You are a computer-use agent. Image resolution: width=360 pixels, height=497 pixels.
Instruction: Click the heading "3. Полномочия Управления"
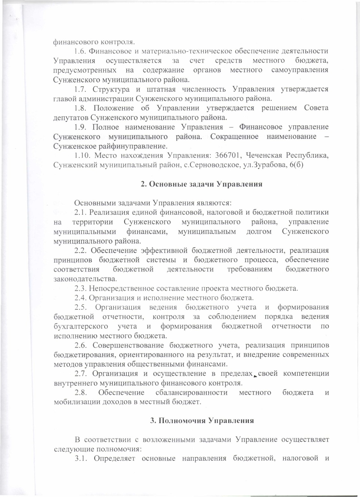click(202, 420)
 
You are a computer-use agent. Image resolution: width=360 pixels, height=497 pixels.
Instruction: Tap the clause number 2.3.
click(81, 289)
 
